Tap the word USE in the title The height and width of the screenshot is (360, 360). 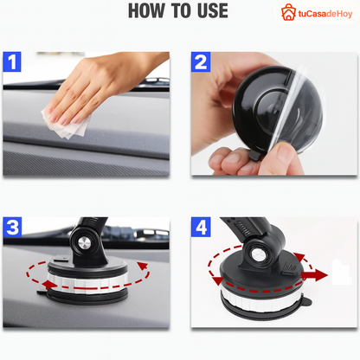click(x=213, y=10)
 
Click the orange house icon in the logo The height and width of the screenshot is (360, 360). click(x=288, y=12)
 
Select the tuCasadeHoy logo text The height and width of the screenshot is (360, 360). click(x=325, y=14)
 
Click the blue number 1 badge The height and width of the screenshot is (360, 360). click(x=12, y=61)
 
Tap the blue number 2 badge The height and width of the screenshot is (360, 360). click(x=201, y=61)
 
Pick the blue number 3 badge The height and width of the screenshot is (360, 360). click(x=12, y=228)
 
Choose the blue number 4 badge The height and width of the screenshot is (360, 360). click(x=201, y=228)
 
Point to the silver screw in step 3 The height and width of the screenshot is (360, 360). click(x=85, y=243)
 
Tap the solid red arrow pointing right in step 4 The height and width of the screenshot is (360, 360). click(x=314, y=275)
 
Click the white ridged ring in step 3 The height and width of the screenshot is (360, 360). click(x=87, y=283)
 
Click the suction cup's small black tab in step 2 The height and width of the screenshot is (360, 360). click(x=255, y=155)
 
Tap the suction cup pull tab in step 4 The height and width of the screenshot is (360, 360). click(x=305, y=301)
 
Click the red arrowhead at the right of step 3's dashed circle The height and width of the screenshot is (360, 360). click(x=143, y=266)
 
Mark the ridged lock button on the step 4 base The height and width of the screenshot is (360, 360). click(x=289, y=268)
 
